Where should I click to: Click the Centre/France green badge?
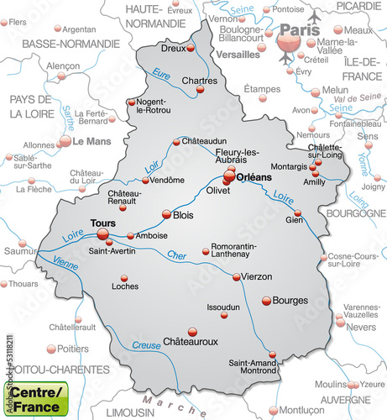34,399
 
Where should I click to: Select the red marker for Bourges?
267,300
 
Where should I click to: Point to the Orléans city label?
254,177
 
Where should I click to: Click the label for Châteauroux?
190,342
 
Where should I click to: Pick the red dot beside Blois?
166,214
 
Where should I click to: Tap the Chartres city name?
199,81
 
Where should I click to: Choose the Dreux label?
173,48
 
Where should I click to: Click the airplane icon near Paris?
315,18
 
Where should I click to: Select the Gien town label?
294,220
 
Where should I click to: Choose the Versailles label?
238,55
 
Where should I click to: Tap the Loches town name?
125,286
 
